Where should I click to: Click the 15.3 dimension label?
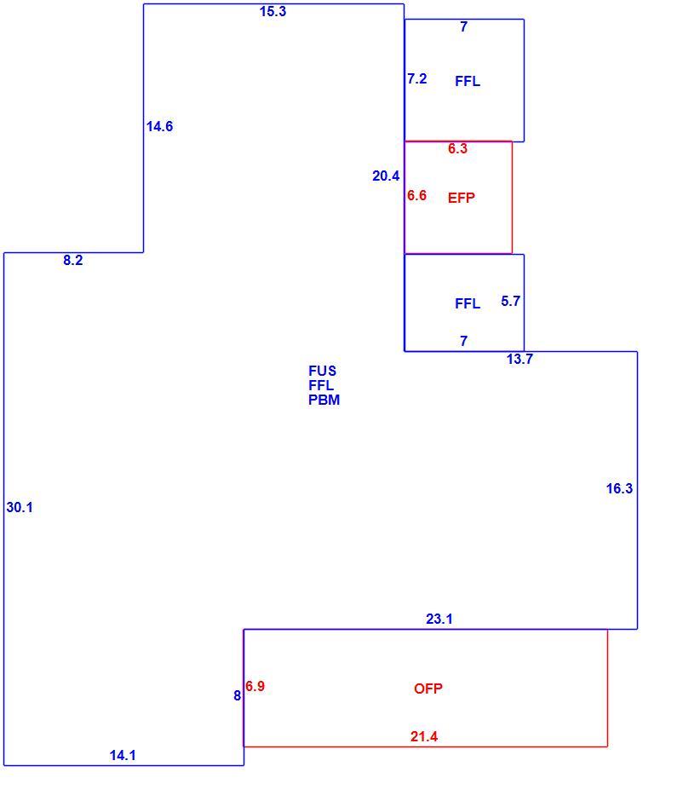coord(273,12)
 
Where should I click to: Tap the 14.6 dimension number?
coord(159,126)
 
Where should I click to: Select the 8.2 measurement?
coord(73,260)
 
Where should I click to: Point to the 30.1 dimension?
coord(20,507)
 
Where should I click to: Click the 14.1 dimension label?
coord(123,755)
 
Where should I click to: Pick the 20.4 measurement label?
coord(386,176)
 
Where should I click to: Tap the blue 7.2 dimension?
coord(417,78)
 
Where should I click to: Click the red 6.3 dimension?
coord(457,148)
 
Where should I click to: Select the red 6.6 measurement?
coord(416,195)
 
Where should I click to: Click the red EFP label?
coord(462,198)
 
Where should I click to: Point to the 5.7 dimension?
coord(510,301)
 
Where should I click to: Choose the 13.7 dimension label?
coord(519,359)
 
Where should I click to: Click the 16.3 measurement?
coord(619,488)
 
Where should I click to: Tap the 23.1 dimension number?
coord(439,619)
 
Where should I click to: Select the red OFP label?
coord(428,689)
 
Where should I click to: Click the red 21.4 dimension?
coord(424,736)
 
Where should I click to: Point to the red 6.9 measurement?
coord(255,686)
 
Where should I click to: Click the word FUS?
coord(322,371)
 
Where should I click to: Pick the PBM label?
coord(324,400)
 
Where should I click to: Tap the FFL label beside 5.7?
coord(467,303)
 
